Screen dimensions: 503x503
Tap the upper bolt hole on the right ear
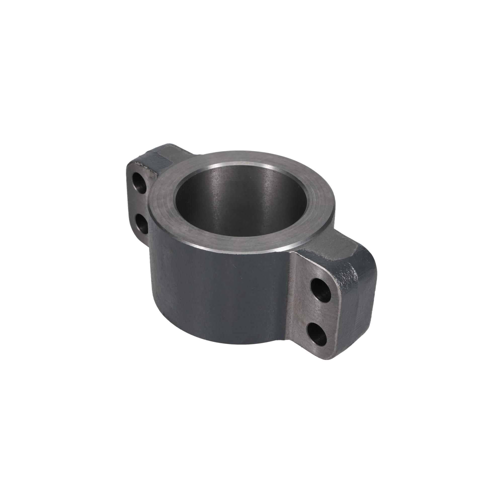321,290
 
